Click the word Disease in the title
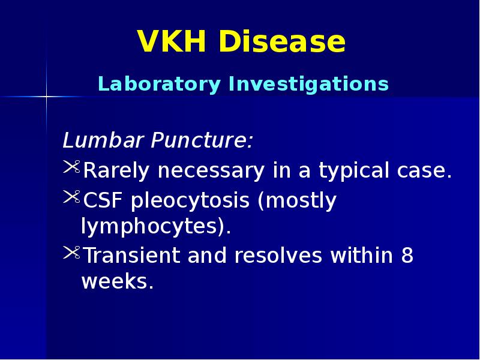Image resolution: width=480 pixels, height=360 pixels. coord(281,43)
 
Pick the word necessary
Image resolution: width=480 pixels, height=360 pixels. coord(211,172)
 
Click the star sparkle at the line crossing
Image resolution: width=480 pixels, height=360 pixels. coord(46,96)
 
